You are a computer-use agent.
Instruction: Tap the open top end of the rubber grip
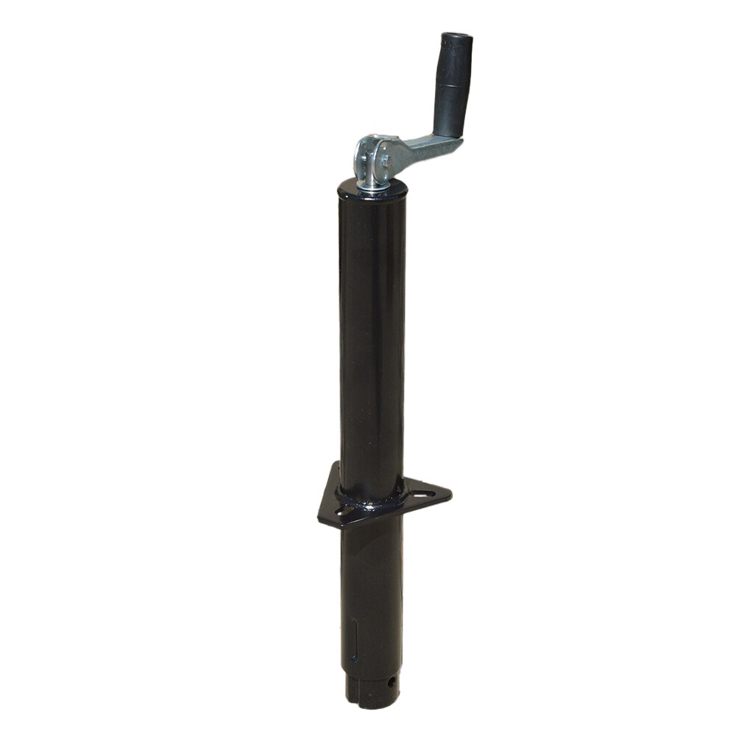click(458, 37)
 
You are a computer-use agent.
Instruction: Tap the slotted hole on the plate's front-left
click(344, 510)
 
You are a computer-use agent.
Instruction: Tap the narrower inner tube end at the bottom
click(372, 696)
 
